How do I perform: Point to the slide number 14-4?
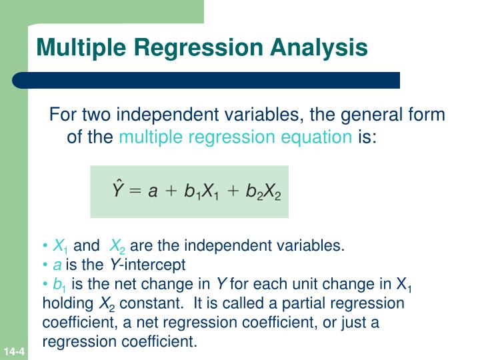[x=13, y=351]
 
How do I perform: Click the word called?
[x=242, y=304]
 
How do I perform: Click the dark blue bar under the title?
[x=207, y=81]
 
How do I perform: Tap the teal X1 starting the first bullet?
[x=59, y=245]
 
